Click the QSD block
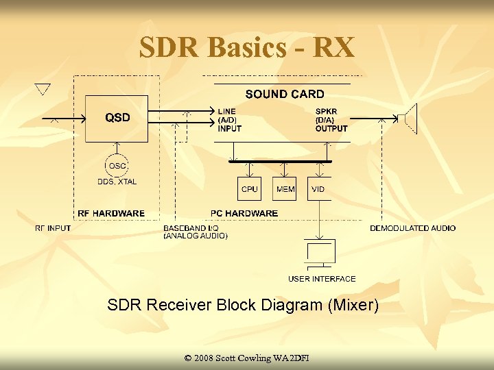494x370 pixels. coord(117,118)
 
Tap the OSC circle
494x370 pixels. coord(117,165)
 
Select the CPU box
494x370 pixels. coord(250,188)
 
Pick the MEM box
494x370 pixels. coord(285,188)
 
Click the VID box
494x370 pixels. coord(318,188)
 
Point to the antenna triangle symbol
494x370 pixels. coord(43,89)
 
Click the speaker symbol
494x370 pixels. coord(410,119)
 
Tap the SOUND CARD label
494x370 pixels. coord(285,94)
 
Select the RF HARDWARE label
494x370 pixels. coord(111,213)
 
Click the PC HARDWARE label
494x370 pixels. coord(245,213)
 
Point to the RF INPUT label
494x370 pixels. coord(53,228)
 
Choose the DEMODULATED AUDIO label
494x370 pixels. coord(413,228)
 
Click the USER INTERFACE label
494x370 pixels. coord(322,279)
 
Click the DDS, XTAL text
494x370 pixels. coord(117,182)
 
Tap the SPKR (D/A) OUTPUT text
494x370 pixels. coord(331,120)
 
